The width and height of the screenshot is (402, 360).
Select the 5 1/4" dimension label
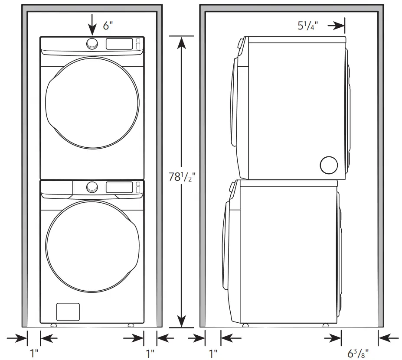coord(307,26)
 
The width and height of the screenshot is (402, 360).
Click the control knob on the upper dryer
coord(92,43)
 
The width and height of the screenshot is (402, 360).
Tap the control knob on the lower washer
coord(92,187)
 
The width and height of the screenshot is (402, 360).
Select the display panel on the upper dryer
coord(119,43)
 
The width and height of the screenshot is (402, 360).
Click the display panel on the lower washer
coord(119,187)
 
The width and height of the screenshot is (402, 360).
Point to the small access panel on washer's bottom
coord(68,312)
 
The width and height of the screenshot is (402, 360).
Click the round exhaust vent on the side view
coord(329,165)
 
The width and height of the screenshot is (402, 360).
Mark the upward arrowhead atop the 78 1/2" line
coord(182,42)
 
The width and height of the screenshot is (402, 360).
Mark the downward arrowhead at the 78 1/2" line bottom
coord(182,321)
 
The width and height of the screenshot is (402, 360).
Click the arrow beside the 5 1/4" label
coord(336,26)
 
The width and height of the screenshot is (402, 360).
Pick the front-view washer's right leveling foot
coord(131,325)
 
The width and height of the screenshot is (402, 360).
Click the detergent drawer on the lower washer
coord(56,188)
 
